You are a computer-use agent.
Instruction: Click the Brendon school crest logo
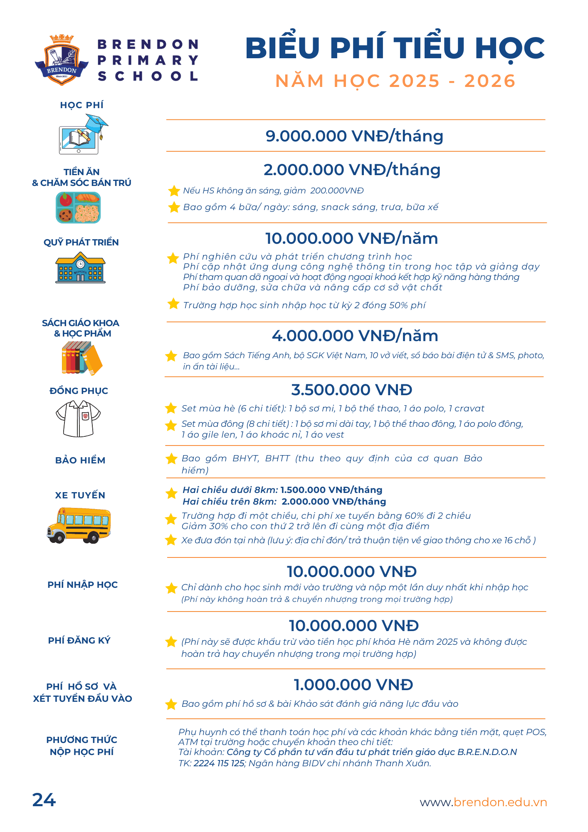coord(62,60)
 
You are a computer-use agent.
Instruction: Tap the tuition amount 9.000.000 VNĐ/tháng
coord(354,136)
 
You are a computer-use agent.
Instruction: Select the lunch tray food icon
coord(78,207)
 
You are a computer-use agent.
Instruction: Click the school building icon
coord(80,268)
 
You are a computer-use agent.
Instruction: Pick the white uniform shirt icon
coord(78,418)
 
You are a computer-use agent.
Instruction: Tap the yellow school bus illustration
coord(79,525)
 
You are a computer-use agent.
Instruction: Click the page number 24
coord(44,800)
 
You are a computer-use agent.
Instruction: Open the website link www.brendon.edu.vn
coord(483,802)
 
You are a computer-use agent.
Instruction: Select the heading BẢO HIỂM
coord(80,460)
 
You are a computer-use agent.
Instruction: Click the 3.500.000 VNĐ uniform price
coord(351,390)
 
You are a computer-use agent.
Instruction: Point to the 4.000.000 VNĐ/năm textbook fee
coord(355,336)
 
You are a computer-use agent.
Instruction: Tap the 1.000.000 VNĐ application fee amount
coord(353,685)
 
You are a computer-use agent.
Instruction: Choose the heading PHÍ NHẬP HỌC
coord(82,584)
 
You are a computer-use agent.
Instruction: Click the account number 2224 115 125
coord(219,763)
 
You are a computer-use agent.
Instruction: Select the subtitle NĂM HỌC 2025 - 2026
coord(395,81)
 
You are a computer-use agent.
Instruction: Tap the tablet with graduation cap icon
coord(83,135)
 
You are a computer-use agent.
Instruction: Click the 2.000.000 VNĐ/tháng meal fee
coord(352,170)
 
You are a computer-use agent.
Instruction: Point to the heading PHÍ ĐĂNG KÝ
coord(79,640)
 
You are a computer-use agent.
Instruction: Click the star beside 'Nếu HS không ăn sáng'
coord(174,191)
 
